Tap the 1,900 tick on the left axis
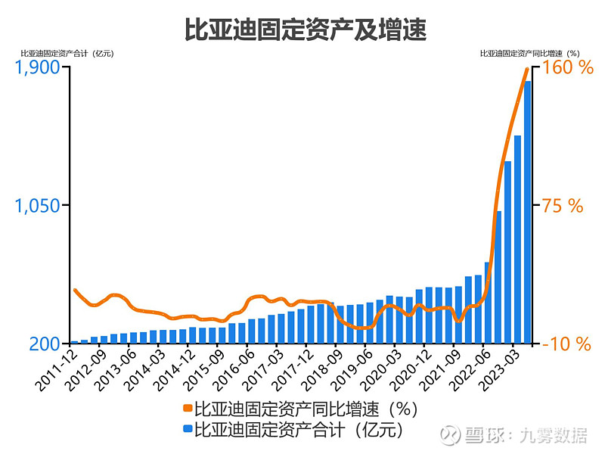click(x=37, y=67)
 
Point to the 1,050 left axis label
click(x=37, y=205)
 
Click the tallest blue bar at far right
click(x=528, y=212)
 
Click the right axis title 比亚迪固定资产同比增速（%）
click(x=529, y=54)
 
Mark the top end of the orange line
click(x=527, y=69)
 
